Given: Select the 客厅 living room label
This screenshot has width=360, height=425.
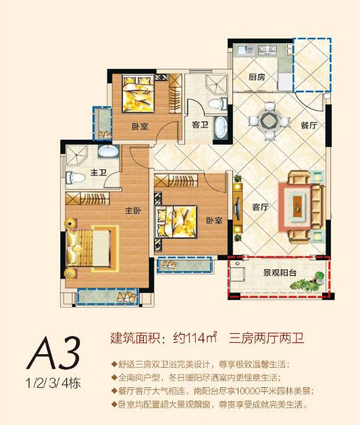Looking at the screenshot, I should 259,208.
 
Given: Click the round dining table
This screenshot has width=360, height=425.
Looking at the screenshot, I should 269,120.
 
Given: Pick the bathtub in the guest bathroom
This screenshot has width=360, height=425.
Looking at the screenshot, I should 220,128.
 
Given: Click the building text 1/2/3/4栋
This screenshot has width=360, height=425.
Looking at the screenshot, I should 54,384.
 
